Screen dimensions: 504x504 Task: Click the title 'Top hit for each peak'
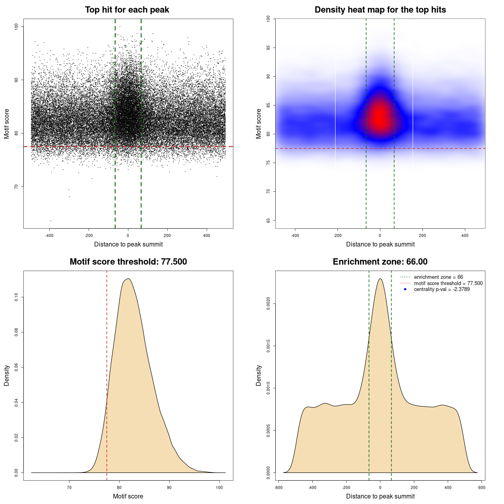pyautogui.click(x=127, y=10)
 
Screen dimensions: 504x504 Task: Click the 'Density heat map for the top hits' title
pyautogui.click(x=380, y=10)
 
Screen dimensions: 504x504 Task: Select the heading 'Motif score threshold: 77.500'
pyautogui.click(x=128, y=262)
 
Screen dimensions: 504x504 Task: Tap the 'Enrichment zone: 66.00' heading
pyautogui.click(x=380, y=262)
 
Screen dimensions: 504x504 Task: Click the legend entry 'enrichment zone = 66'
pyautogui.click(x=438, y=277)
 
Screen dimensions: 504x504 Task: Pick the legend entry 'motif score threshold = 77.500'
pyautogui.click(x=448, y=283)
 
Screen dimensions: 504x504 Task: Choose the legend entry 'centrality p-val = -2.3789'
pyautogui.click(x=442, y=289)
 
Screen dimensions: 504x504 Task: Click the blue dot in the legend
pyautogui.click(x=405, y=289)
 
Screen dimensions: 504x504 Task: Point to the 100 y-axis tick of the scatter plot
pyautogui.click(x=17, y=26)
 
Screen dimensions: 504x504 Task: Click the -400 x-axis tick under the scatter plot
pyautogui.click(x=49, y=235)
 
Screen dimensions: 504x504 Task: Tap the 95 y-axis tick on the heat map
pyautogui.click(x=269, y=48)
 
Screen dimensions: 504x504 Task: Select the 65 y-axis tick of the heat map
pyautogui.click(x=269, y=220)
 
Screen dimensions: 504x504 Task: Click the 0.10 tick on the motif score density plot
pyautogui.click(x=17, y=297)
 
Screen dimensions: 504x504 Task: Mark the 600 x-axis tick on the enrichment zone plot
pyautogui.click(x=482, y=487)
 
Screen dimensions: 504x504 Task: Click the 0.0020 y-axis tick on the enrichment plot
pyautogui.click(x=269, y=304)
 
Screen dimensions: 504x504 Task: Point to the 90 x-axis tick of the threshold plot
pyautogui.click(x=169, y=487)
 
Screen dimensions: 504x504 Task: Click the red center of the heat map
pyautogui.click(x=380, y=116)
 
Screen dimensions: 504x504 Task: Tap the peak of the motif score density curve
pyautogui.click(x=128, y=279)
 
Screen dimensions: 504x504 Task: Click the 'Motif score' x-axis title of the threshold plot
pyautogui.click(x=128, y=496)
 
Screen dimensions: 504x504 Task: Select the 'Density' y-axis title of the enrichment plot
pyautogui.click(x=259, y=375)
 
